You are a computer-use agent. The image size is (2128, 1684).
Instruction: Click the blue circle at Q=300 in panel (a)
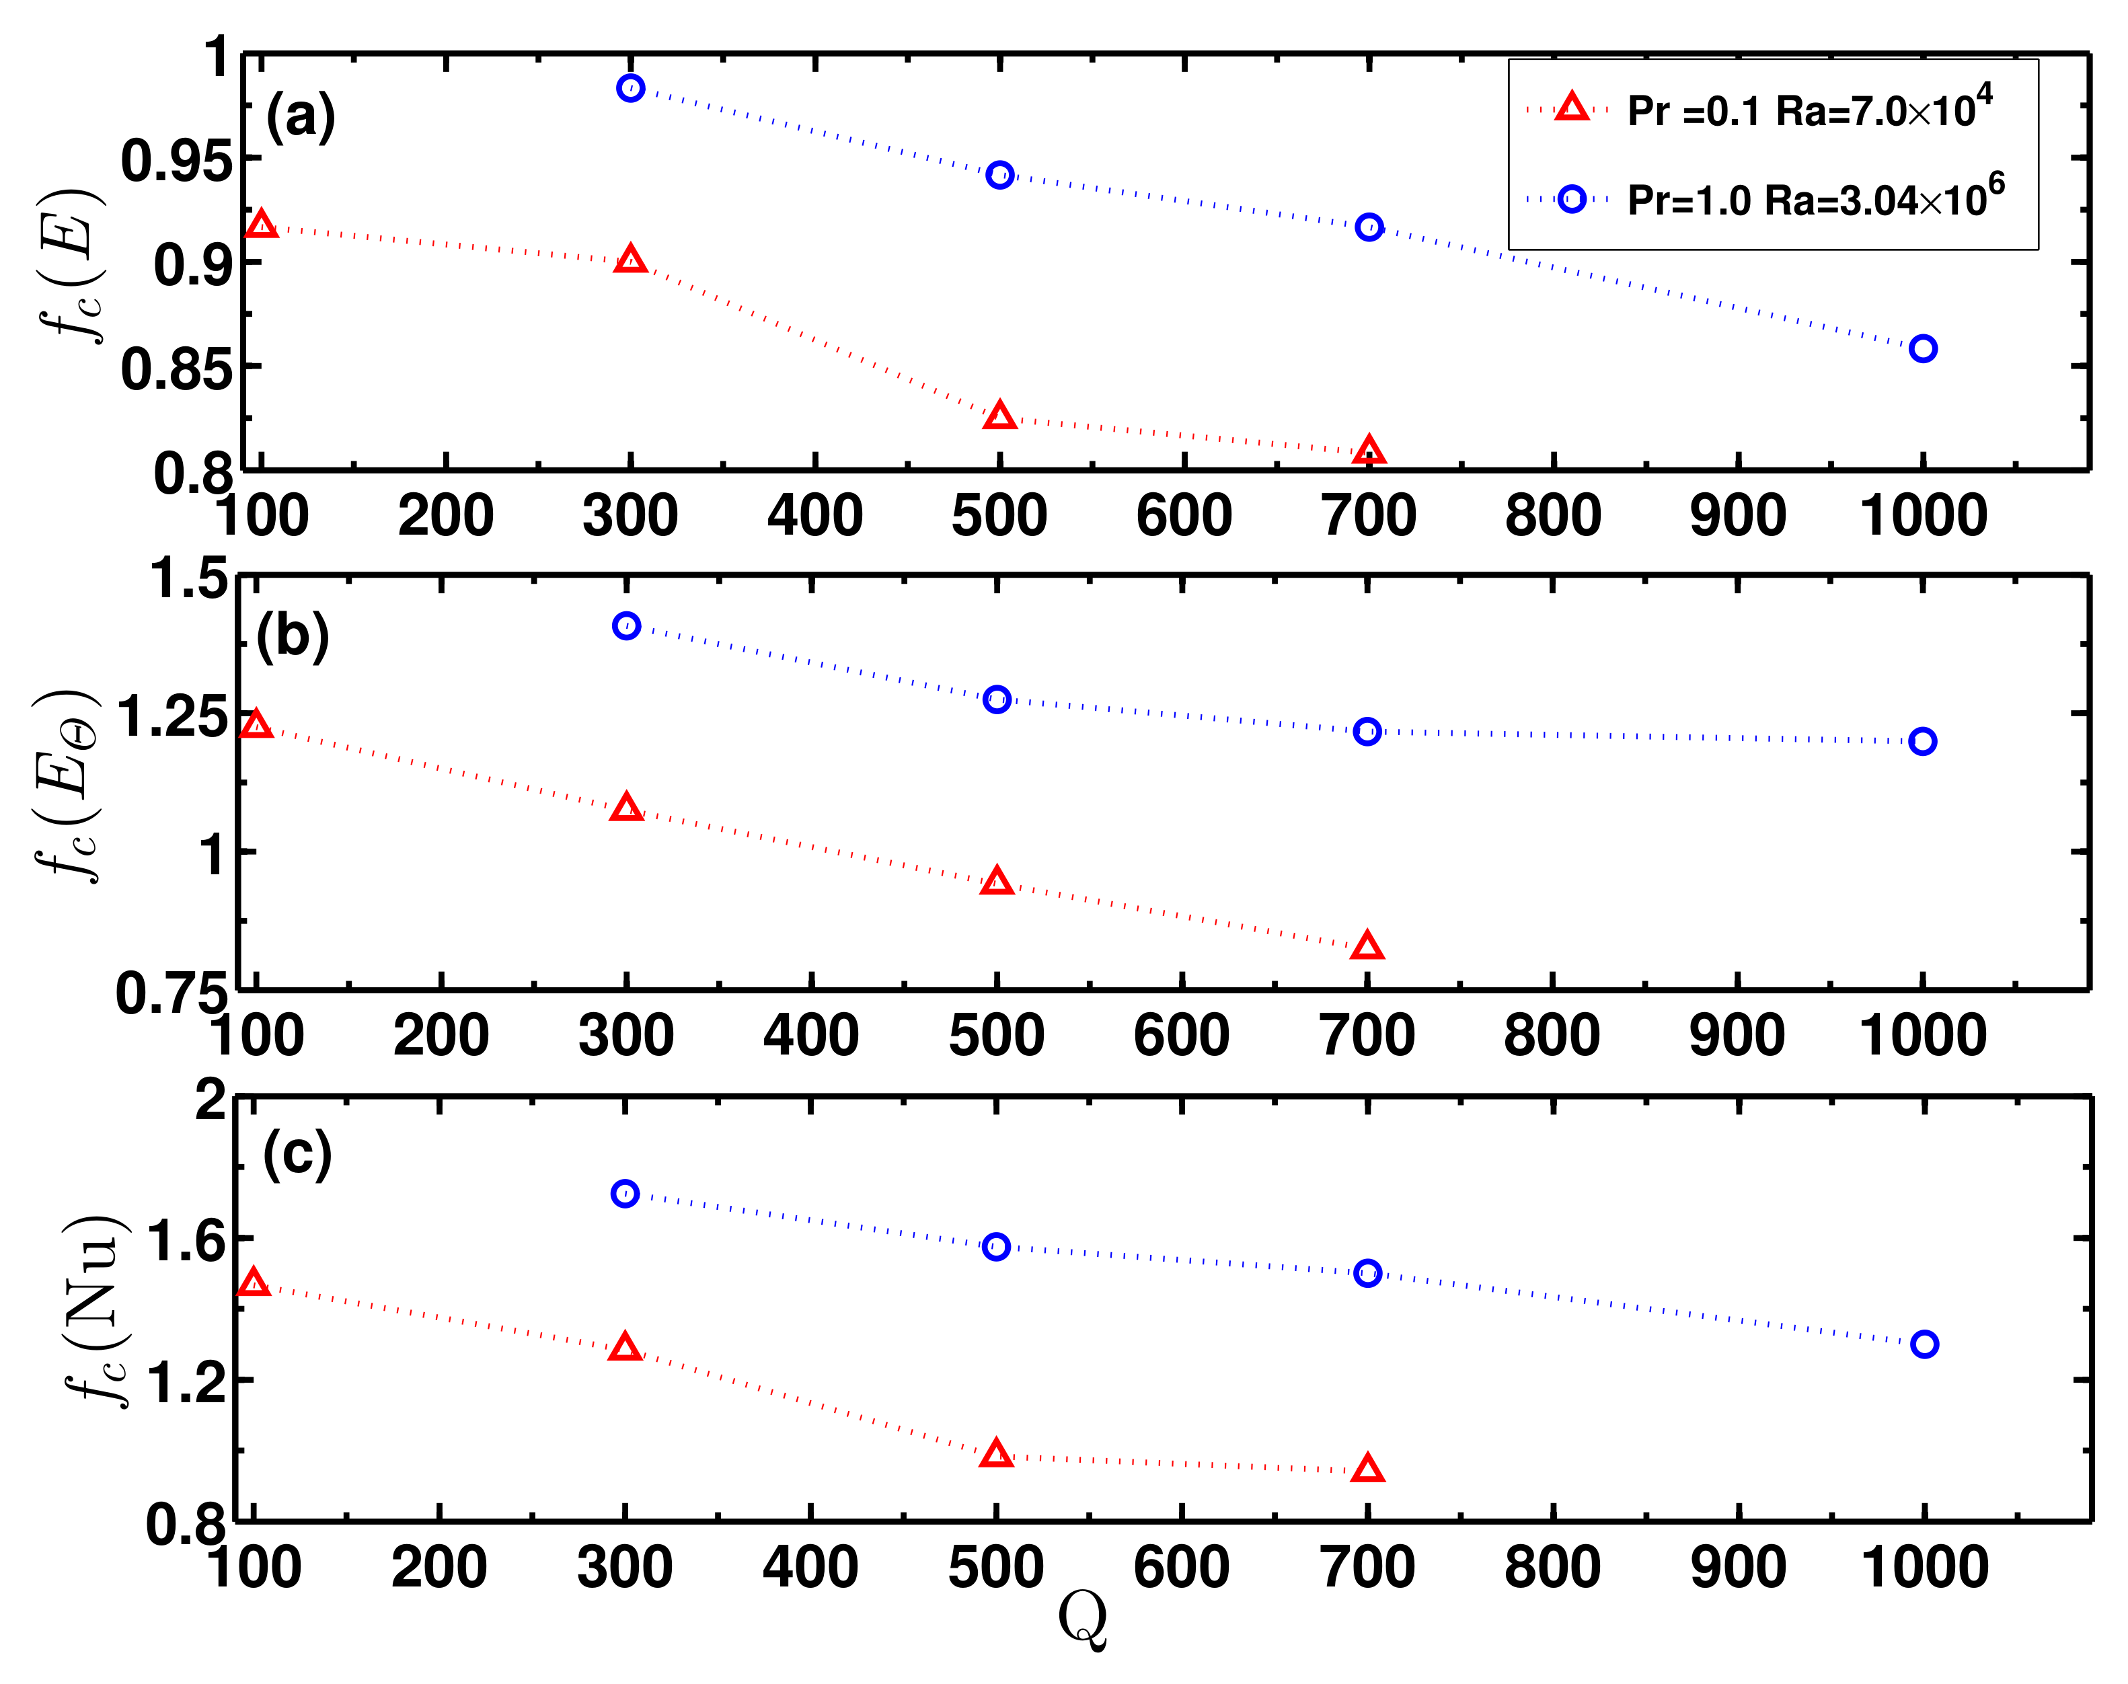(630, 89)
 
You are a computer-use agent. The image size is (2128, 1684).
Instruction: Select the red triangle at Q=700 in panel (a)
(1369, 451)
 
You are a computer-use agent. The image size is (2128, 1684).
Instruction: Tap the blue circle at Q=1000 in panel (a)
(1923, 349)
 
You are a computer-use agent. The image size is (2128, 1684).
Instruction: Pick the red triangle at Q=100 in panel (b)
(256, 726)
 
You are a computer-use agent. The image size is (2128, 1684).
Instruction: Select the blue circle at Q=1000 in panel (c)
(1924, 1344)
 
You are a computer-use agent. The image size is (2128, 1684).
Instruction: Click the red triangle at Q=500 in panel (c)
(996, 1454)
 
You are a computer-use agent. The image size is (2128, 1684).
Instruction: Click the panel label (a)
(301, 116)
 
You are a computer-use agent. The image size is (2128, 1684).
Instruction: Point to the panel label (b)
(292, 636)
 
